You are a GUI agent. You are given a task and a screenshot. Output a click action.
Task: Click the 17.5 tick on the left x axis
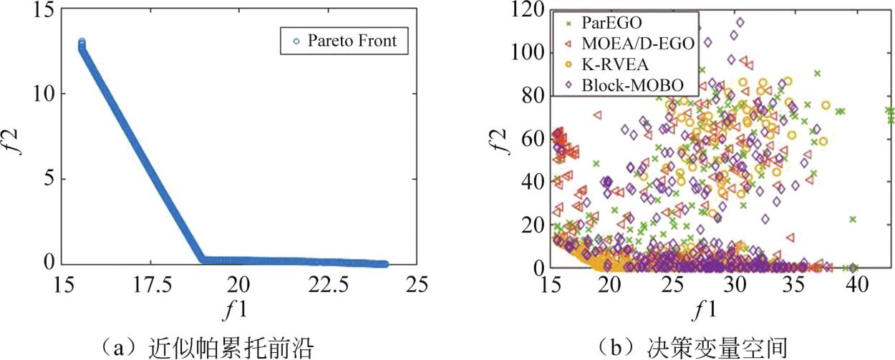tap(149, 284)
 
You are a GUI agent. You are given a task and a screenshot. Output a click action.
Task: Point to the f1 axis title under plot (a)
tap(238, 308)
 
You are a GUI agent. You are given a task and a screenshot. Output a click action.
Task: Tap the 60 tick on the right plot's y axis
tap(533, 139)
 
